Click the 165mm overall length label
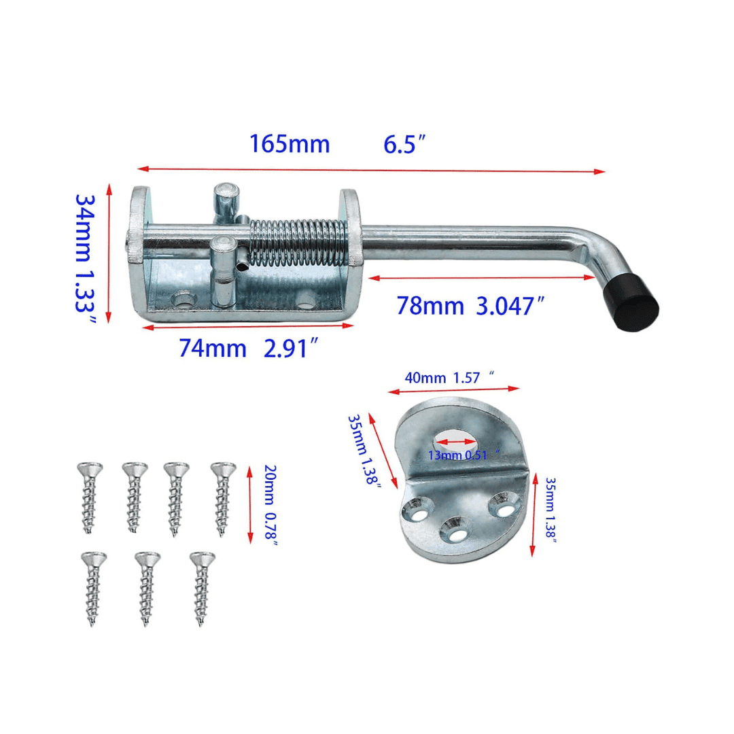coord(289,145)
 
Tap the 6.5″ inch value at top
coord(404,145)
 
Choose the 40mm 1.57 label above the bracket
coord(449,379)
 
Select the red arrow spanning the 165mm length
coord(370,169)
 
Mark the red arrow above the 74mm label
coord(249,326)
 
